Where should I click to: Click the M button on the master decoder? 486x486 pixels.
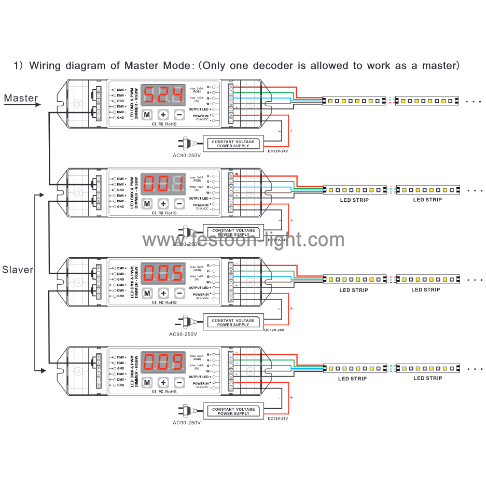[147, 115]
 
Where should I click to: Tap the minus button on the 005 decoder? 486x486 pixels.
[179, 293]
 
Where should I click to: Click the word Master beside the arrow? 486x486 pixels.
[21, 98]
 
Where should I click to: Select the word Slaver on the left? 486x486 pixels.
[18, 270]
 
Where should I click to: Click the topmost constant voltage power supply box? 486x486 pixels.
[233, 144]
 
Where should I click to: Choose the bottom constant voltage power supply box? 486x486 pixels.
[233, 411]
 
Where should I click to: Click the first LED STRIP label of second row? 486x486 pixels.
[353, 200]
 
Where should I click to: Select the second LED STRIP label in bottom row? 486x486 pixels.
[427, 378]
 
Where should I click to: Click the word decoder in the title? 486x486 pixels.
[262, 66]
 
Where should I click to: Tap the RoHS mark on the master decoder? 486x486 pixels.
[171, 124]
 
